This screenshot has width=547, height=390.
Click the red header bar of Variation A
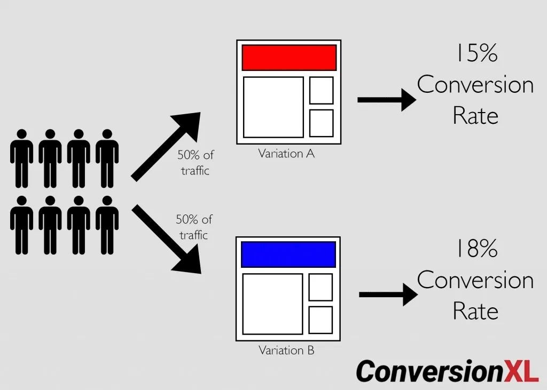(x=289, y=58)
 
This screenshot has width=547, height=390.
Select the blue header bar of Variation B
(x=288, y=254)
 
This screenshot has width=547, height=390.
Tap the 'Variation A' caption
(x=286, y=154)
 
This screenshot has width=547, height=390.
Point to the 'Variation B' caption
(x=286, y=351)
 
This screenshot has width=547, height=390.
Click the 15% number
(x=475, y=54)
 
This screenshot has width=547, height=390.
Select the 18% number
(x=475, y=249)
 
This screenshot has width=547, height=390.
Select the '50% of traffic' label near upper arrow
(x=196, y=163)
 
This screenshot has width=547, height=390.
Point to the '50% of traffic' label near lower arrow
(x=194, y=227)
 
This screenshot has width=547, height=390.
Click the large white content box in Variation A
(x=273, y=107)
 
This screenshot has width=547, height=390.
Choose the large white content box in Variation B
(x=272, y=304)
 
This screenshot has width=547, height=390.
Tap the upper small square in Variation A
(x=321, y=90)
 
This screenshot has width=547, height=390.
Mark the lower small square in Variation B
(x=321, y=320)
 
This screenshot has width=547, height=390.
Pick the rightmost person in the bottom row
(x=107, y=224)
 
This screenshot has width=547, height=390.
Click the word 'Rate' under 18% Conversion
(x=475, y=311)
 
